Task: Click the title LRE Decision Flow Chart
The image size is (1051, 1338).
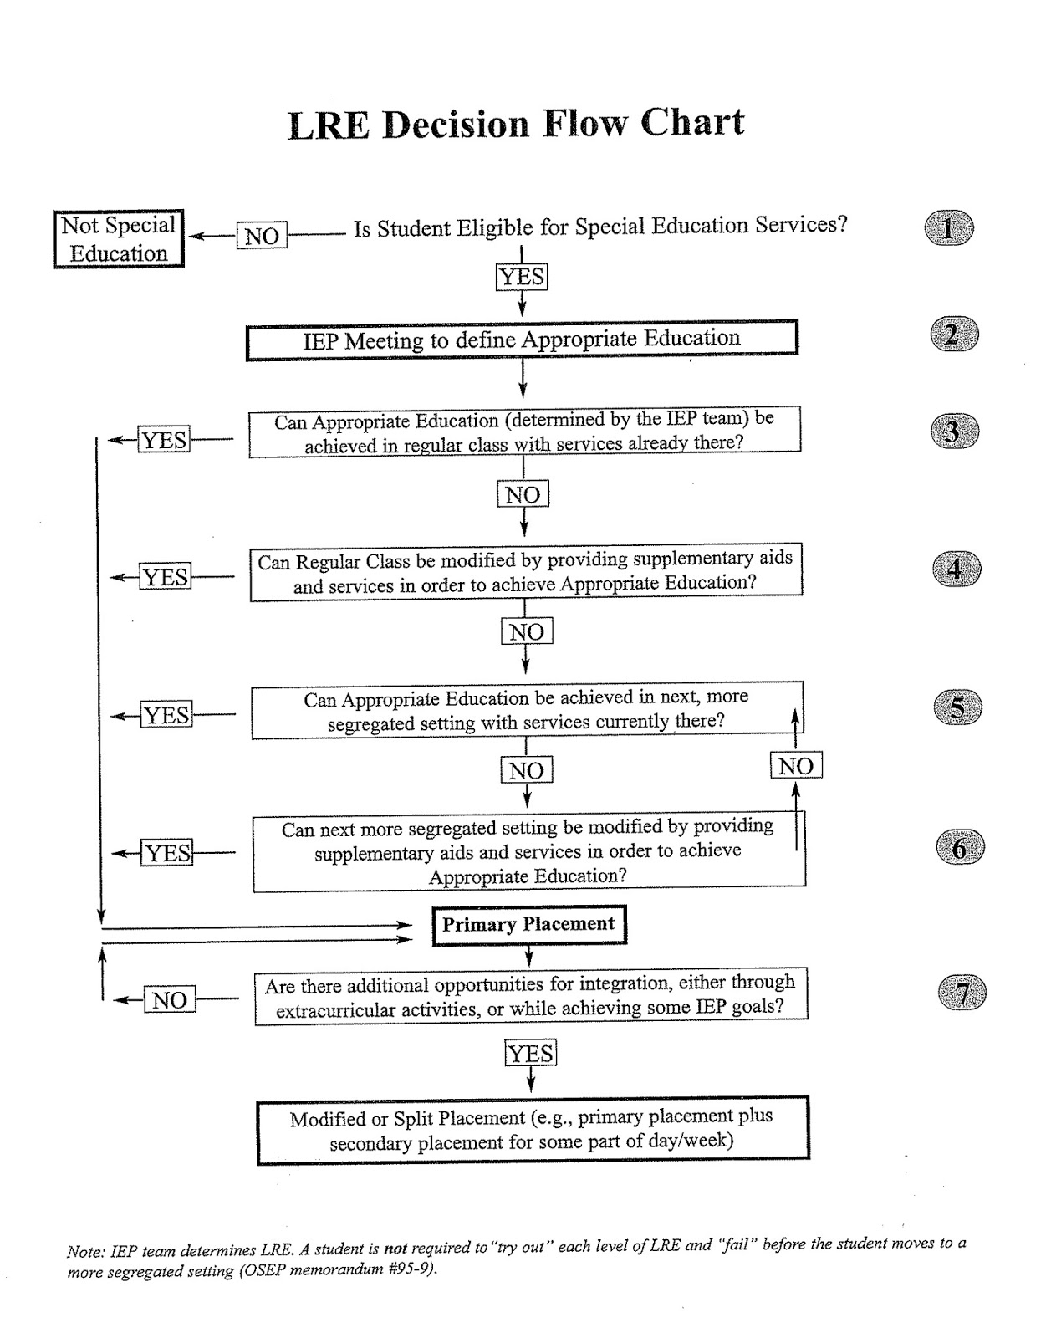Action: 516,124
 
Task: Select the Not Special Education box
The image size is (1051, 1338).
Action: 118,239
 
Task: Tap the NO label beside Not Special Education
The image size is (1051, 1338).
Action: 262,236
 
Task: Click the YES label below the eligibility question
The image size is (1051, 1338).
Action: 522,276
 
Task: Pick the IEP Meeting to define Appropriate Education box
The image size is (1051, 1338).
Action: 522,340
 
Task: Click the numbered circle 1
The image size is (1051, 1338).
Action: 949,228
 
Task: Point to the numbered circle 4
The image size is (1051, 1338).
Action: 956,569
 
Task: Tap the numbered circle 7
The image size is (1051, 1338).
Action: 962,993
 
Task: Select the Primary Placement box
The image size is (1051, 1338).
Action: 528,924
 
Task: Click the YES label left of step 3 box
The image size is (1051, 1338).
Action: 164,440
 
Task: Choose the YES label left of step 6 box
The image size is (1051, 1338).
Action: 167,853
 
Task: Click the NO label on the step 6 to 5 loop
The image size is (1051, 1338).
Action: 796,765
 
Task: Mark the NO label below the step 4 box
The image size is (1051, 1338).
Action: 527,631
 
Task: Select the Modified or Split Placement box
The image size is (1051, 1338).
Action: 533,1130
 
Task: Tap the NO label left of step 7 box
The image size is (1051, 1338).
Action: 170,999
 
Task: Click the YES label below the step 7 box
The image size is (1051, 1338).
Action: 530,1053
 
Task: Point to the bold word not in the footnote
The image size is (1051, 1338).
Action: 395,1249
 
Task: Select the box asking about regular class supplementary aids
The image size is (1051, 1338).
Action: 525,572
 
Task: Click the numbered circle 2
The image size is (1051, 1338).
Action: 954,335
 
